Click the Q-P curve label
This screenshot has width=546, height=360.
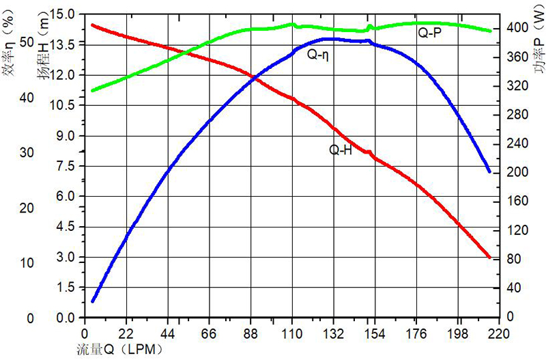429,31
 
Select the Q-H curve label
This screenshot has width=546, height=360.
341,150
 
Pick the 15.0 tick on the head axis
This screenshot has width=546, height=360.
66,13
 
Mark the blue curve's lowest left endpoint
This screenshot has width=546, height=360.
93,301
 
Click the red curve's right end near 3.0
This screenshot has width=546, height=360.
489,257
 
